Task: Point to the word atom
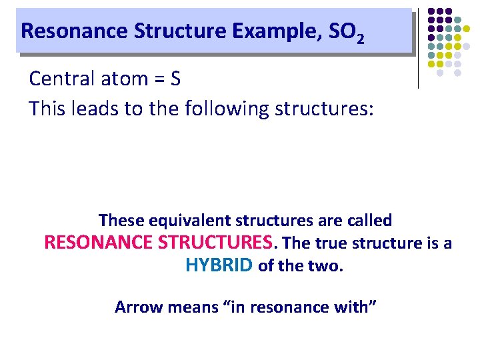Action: (x=121, y=79)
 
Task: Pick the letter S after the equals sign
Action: (x=175, y=79)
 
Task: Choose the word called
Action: (x=369, y=220)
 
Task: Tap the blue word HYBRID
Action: (x=219, y=265)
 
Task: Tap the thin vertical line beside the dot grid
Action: (x=418, y=50)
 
